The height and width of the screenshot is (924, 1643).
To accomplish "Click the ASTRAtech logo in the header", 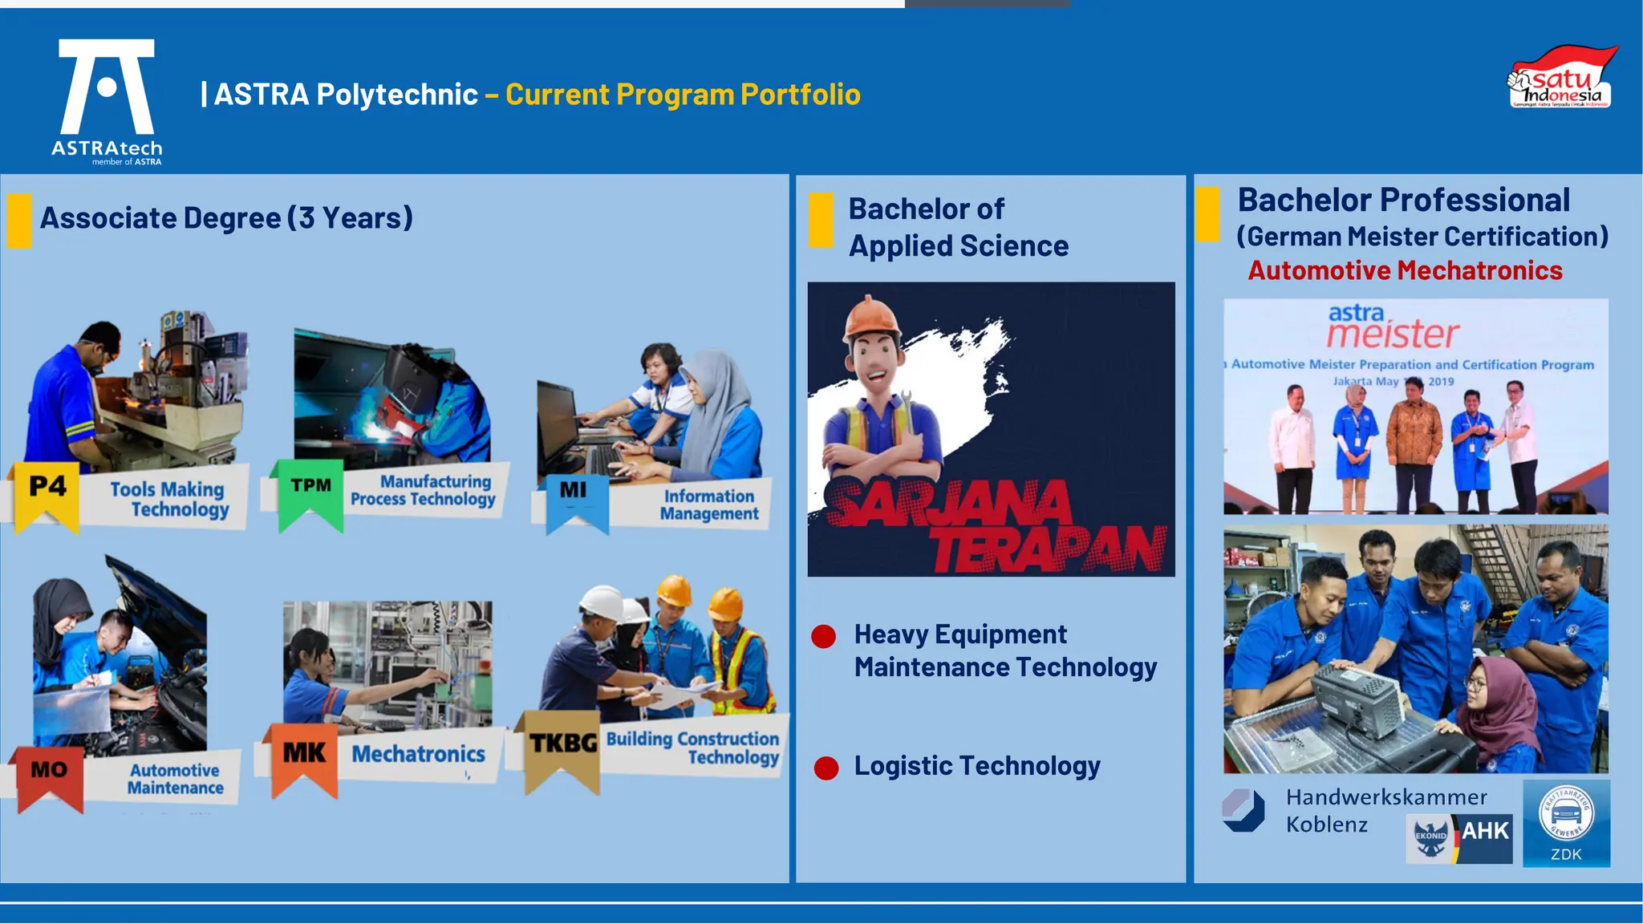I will [x=107, y=100].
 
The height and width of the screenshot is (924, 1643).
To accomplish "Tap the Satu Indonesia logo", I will [x=1560, y=79].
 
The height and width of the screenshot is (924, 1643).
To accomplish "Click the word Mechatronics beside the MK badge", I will [x=418, y=754].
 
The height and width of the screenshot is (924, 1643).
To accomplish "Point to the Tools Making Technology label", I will [x=169, y=499].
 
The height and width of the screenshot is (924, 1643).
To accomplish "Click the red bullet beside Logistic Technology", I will [x=826, y=768].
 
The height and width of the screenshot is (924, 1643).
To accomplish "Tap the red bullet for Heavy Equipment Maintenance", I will [x=823, y=636].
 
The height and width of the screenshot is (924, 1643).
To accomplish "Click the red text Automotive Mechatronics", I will [x=1405, y=271].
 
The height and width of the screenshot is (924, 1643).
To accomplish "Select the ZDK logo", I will [x=1566, y=824].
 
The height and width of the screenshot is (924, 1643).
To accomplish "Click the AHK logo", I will [x=1459, y=838].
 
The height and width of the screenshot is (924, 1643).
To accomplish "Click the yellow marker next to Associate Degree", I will [x=19, y=220].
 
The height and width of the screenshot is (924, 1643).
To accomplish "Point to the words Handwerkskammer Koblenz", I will [x=1385, y=811].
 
